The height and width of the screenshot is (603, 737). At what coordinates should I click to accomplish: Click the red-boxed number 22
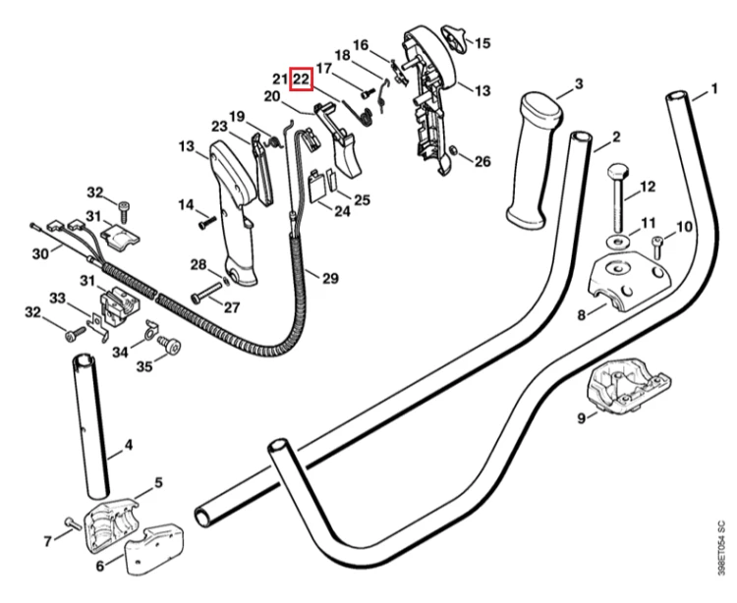tap(301, 80)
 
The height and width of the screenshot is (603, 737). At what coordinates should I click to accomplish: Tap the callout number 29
tap(330, 278)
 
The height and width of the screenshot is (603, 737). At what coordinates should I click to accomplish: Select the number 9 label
tap(582, 417)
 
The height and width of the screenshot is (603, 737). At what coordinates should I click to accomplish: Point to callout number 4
tap(129, 445)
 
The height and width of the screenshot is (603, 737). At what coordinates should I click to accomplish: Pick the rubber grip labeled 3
tap(534, 161)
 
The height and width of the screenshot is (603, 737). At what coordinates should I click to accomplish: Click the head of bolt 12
tap(618, 170)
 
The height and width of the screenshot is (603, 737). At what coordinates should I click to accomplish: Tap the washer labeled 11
tap(618, 242)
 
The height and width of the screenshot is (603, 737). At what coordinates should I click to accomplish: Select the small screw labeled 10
tap(656, 247)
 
